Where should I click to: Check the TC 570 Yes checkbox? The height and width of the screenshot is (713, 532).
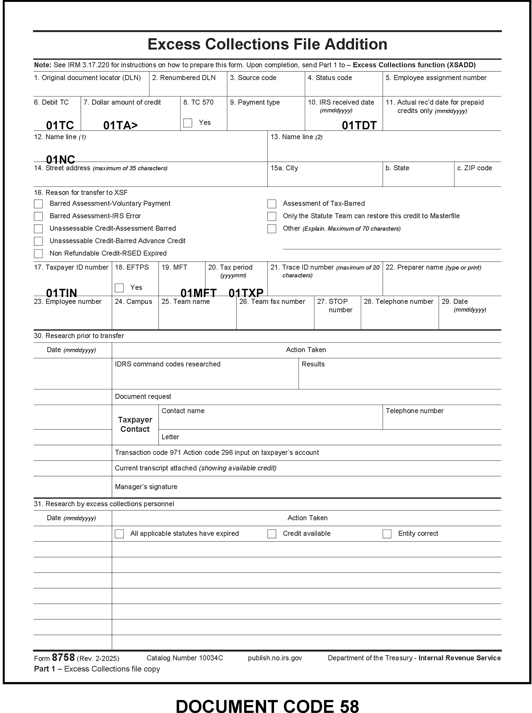(x=188, y=123)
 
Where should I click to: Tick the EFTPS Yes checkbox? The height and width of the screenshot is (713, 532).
(x=119, y=288)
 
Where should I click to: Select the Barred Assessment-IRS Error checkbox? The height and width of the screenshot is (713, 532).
(x=38, y=216)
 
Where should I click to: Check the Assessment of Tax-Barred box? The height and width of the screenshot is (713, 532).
(x=272, y=204)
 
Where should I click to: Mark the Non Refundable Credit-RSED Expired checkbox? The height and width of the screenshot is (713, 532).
(x=38, y=254)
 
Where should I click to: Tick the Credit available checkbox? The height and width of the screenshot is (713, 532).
(x=272, y=534)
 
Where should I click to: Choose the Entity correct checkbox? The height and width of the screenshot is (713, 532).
(x=387, y=534)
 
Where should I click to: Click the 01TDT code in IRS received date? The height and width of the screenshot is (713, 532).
(x=359, y=125)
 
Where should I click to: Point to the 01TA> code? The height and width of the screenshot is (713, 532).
(x=120, y=125)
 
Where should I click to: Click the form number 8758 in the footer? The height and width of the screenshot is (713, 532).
(x=63, y=657)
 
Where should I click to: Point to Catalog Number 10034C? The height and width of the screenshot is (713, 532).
(x=185, y=658)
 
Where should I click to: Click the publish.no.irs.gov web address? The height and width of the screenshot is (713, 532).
(x=275, y=658)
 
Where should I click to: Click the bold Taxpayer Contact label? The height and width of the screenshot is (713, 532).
(x=135, y=424)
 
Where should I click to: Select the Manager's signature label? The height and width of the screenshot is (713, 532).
(x=146, y=487)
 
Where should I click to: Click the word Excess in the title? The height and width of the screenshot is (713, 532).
(x=174, y=45)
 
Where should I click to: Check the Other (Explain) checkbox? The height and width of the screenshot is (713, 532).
(x=272, y=229)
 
